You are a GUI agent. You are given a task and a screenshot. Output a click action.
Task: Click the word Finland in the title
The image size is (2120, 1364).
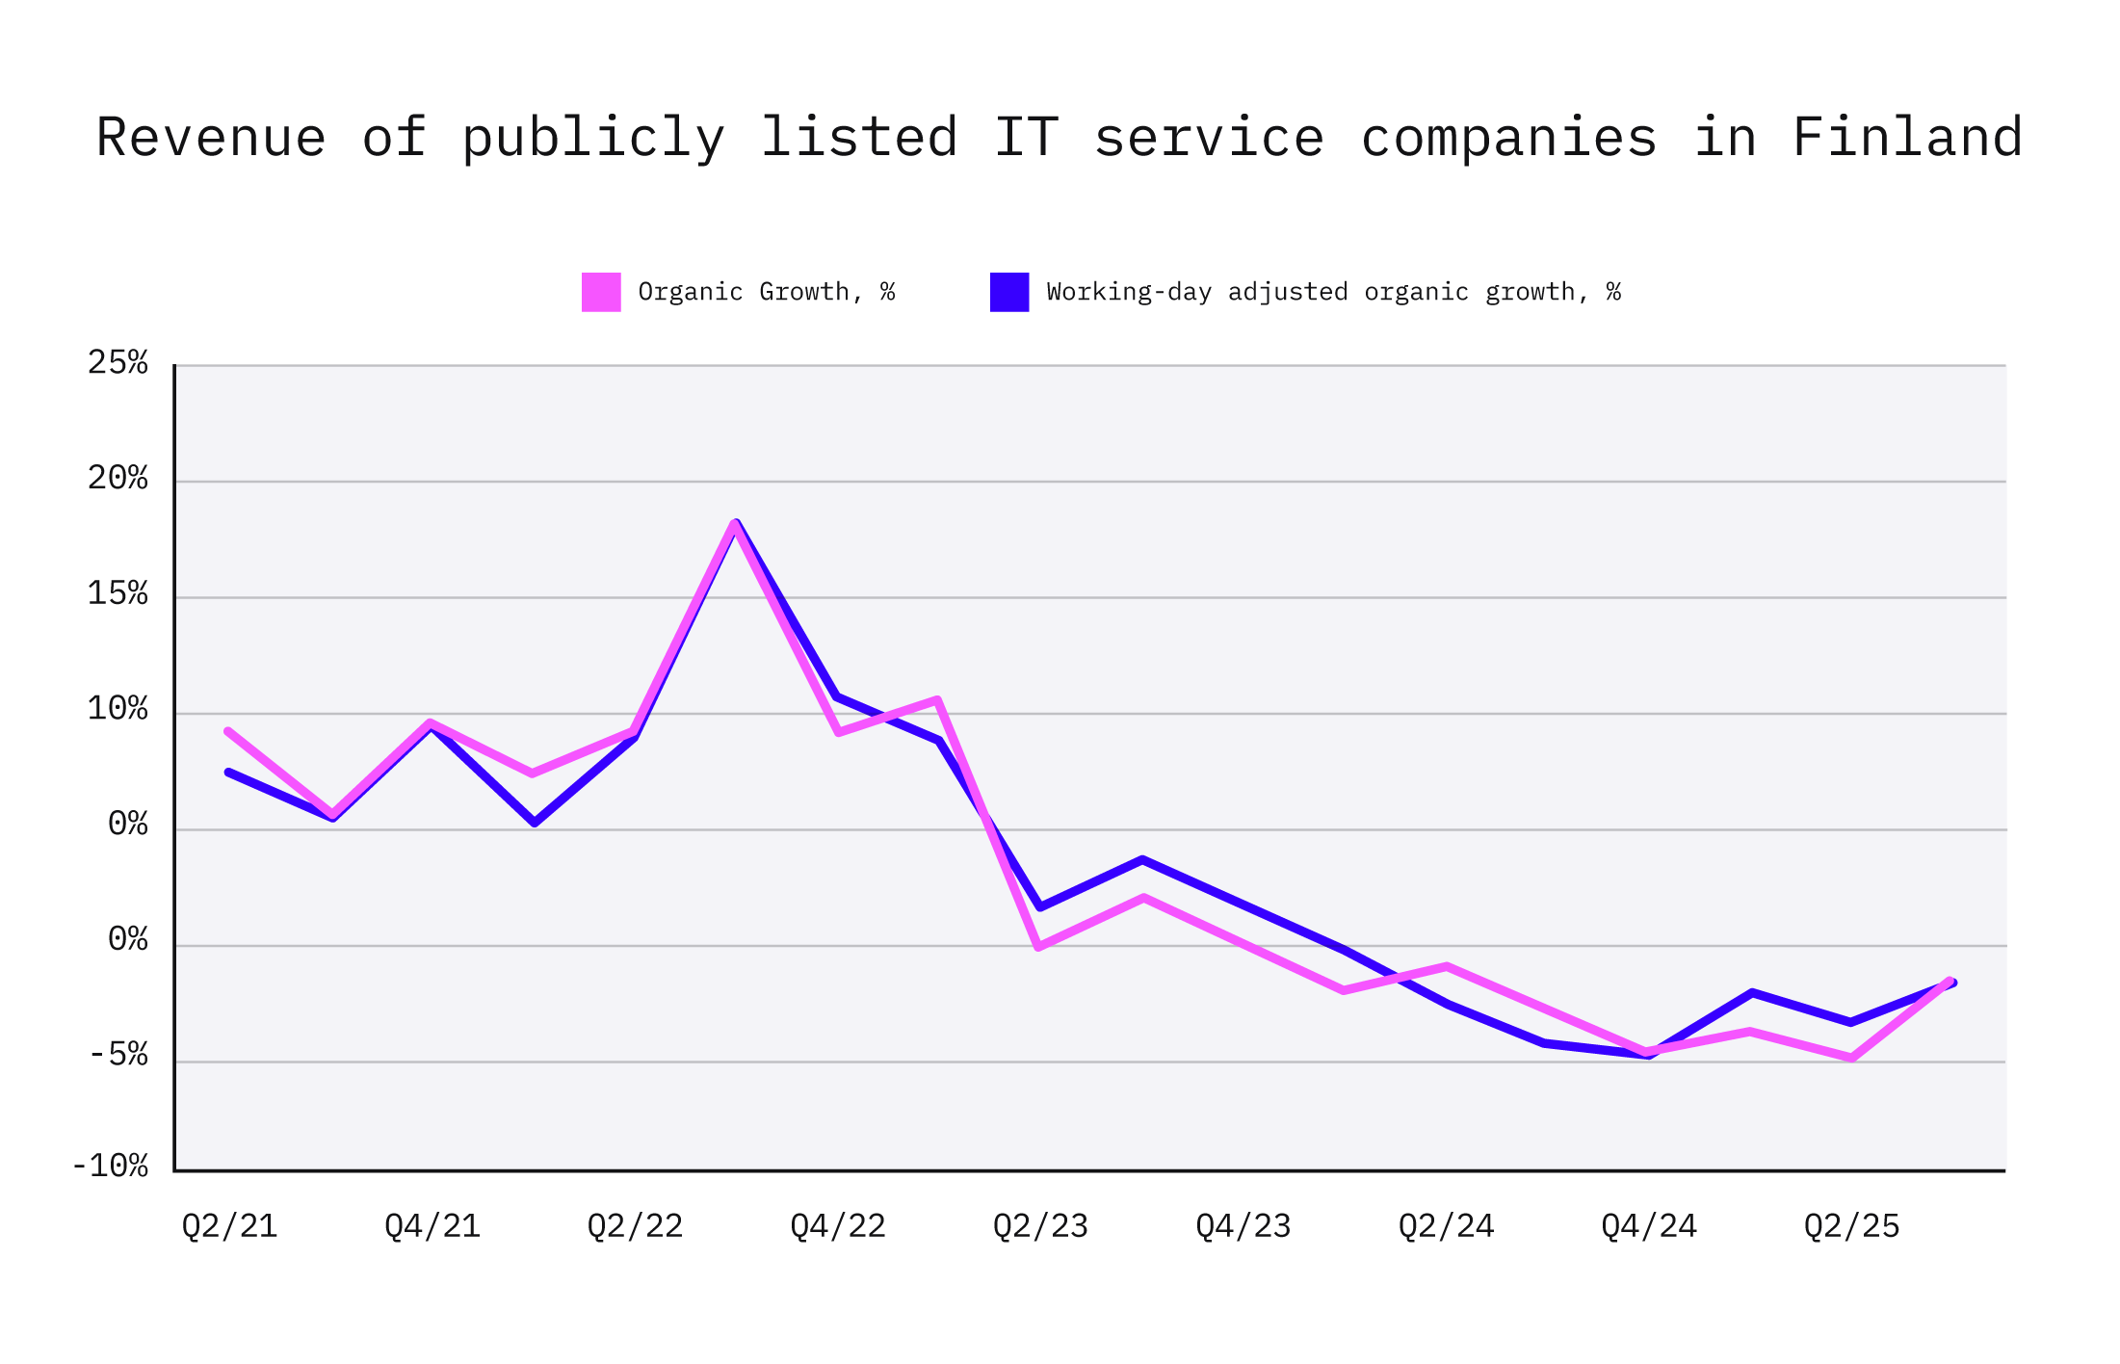(x=1906, y=137)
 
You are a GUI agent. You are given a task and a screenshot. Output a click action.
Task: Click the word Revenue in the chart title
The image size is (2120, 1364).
(x=211, y=137)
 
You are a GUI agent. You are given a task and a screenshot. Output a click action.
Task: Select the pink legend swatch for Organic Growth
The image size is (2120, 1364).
(x=601, y=292)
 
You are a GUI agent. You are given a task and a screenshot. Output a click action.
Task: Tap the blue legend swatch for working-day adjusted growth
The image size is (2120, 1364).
(x=1008, y=292)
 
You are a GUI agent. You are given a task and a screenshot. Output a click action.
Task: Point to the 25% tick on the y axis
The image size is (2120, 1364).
(x=118, y=363)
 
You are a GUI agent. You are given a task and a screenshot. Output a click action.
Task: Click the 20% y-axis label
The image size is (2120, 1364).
(x=118, y=479)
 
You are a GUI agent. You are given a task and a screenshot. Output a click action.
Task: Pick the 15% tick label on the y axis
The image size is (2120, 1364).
(x=118, y=594)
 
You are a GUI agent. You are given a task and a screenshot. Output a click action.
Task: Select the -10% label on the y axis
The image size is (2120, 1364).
(x=110, y=1167)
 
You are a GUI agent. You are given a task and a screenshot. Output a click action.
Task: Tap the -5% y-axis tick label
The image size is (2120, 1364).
(x=118, y=1056)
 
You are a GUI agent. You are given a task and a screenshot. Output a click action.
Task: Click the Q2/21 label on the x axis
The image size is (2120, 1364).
(x=229, y=1226)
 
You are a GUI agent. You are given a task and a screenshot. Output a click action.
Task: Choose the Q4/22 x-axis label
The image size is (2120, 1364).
(x=837, y=1226)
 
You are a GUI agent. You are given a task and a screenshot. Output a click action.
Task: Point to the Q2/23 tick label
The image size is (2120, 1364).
(x=1040, y=1226)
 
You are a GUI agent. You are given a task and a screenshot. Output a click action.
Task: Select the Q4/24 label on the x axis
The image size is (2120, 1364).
(x=1648, y=1226)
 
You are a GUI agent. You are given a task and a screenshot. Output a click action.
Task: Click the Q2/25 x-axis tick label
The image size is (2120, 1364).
(x=1851, y=1226)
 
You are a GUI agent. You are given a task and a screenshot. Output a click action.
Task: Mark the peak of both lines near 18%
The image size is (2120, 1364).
(x=736, y=524)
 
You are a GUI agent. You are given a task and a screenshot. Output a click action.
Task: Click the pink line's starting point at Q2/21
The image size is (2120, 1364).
(x=228, y=732)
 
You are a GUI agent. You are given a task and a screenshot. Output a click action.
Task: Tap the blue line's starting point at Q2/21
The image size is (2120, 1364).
(x=228, y=773)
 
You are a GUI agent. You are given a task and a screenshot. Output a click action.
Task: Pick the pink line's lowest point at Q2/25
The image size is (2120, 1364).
(x=1851, y=1058)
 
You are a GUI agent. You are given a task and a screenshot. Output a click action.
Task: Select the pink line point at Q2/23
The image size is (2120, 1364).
(x=1038, y=947)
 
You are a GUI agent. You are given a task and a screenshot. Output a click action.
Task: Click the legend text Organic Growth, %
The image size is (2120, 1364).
(x=766, y=292)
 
